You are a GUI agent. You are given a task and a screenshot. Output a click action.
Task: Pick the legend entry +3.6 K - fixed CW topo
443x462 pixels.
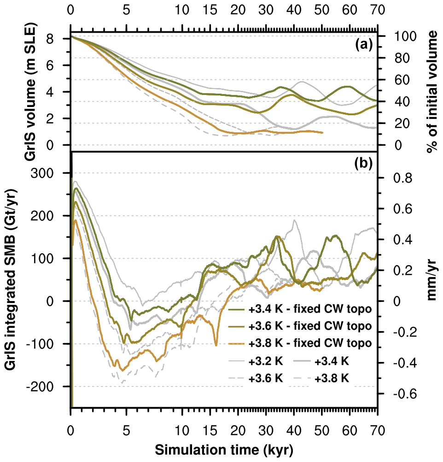[x=300, y=326]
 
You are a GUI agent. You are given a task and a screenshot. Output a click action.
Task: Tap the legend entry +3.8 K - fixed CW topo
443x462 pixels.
[x=300, y=343]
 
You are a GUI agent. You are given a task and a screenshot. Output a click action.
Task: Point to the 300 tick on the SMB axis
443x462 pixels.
[x=54, y=173]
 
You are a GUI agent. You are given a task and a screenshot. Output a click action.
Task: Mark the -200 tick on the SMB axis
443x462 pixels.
[x=52, y=386]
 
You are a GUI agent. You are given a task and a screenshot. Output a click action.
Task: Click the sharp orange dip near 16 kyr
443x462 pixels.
[x=216, y=344]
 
